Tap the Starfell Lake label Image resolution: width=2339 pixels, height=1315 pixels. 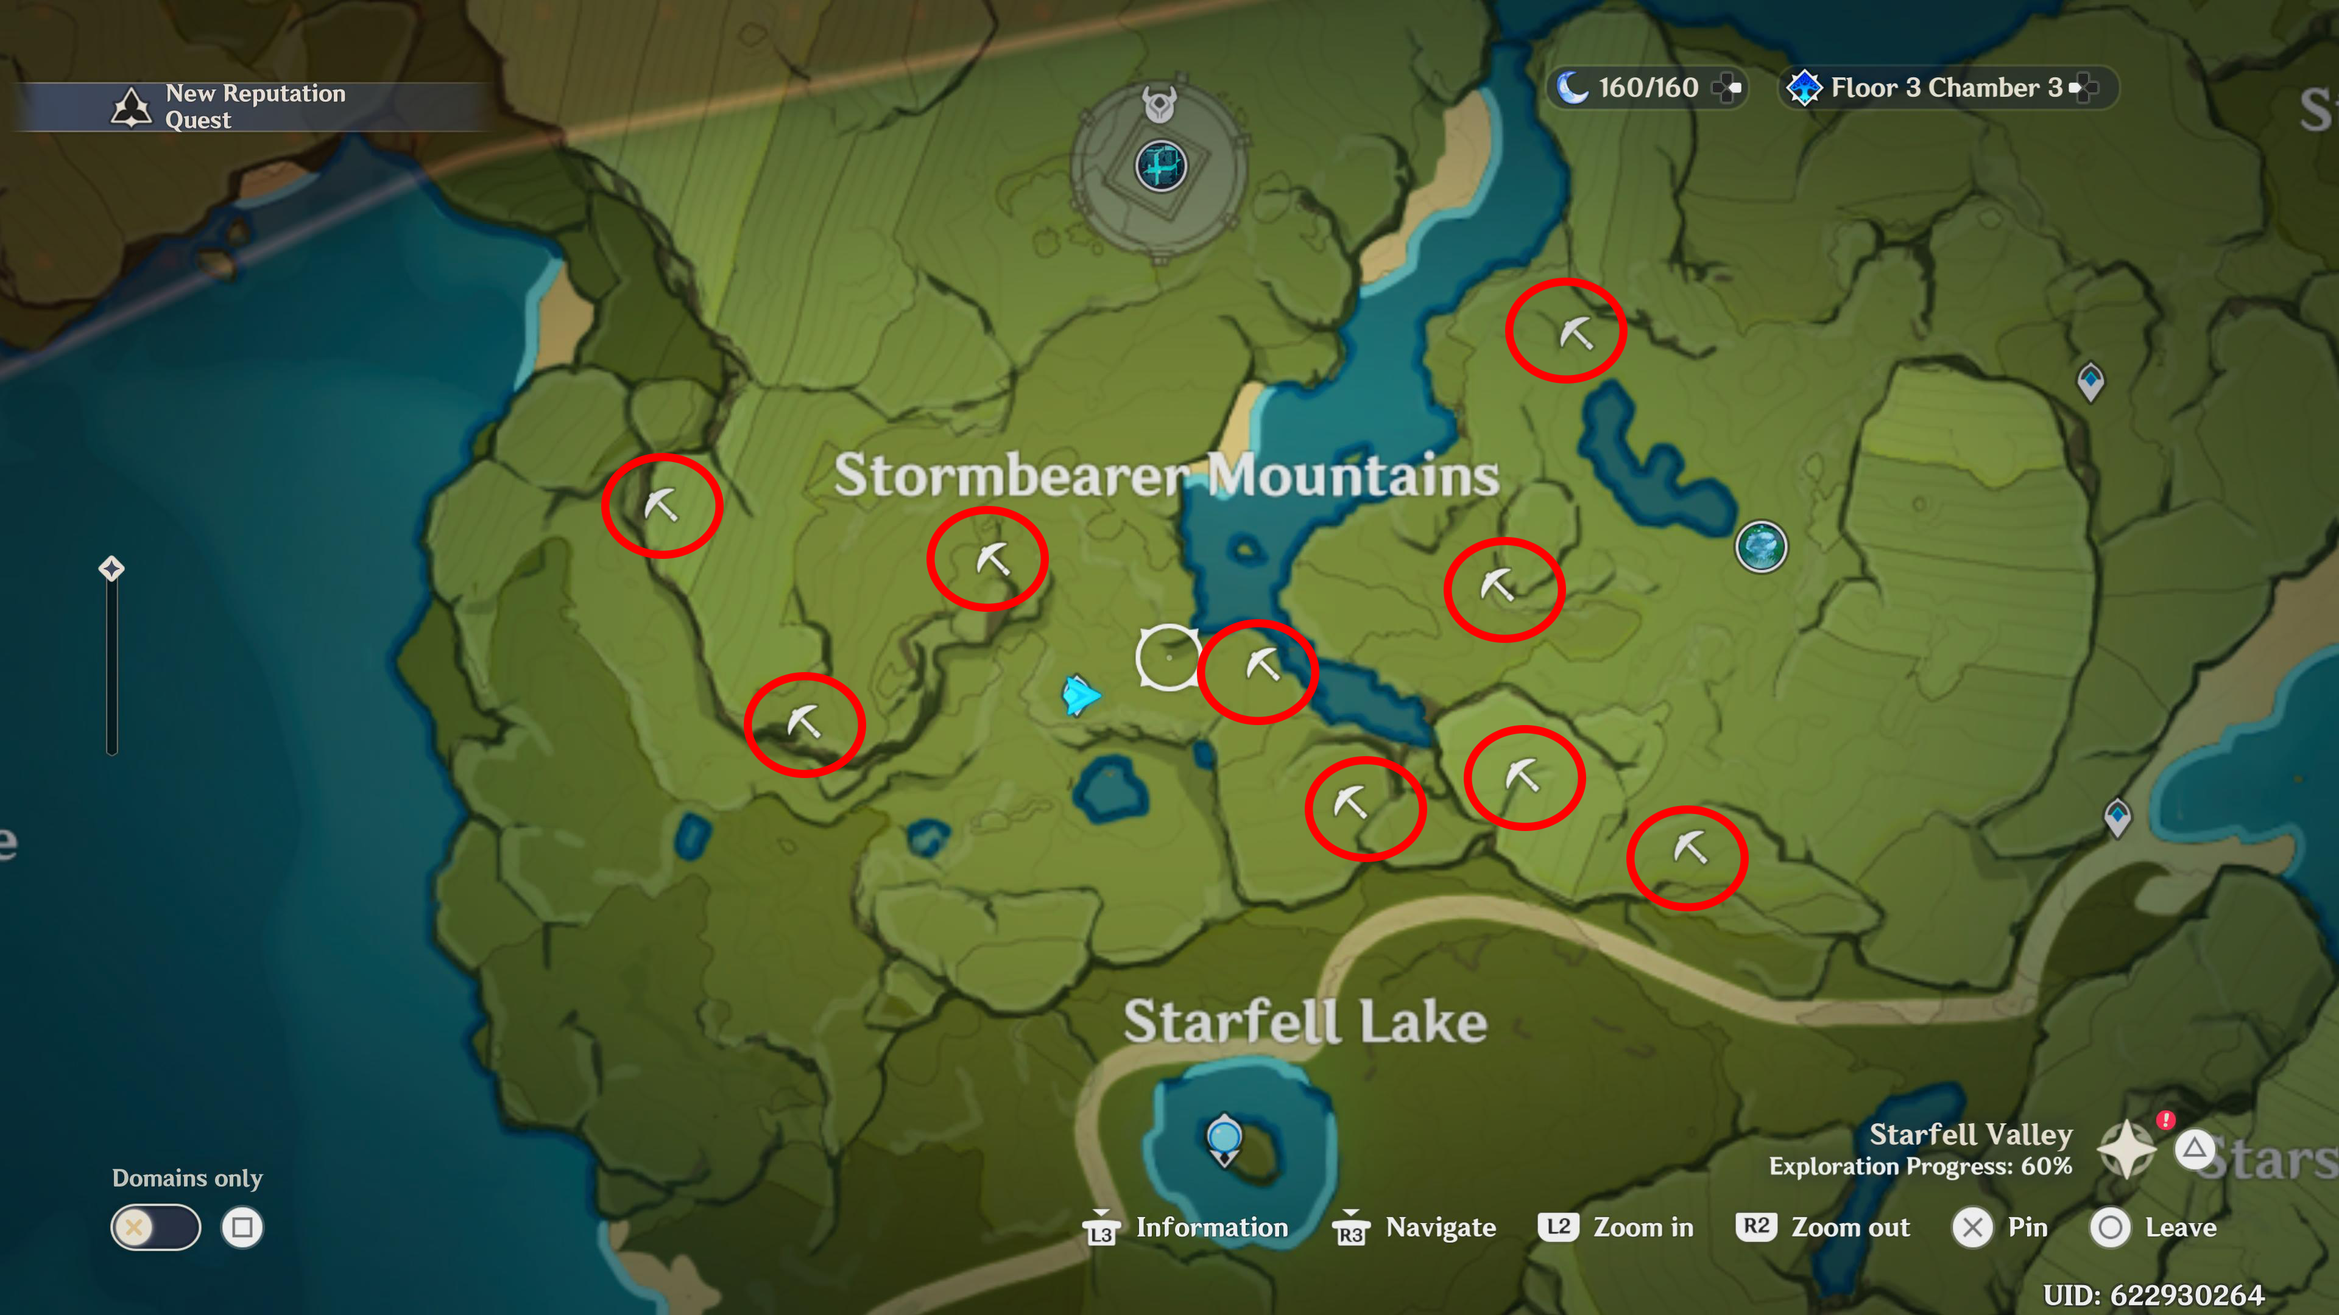click(1305, 1022)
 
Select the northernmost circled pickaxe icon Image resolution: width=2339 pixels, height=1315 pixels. click(1575, 333)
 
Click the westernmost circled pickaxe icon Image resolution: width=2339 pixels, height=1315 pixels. click(661, 505)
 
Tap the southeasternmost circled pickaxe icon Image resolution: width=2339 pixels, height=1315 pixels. click(1690, 849)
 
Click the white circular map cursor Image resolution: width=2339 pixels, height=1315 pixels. click(1168, 657)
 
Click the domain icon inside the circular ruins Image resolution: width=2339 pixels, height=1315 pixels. click(1160, 166)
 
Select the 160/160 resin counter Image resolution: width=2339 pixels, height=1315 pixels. click(1647, 88)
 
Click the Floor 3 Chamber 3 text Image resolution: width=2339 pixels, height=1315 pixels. click(1946, 88)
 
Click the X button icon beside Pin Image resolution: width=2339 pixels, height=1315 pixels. click(1972, 1228)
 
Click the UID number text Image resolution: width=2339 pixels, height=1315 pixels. click(2153, 1295)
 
